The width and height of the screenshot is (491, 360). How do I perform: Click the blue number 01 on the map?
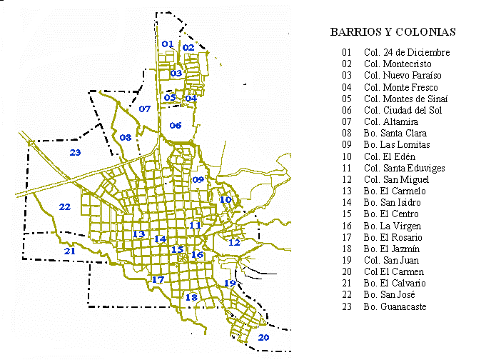168,44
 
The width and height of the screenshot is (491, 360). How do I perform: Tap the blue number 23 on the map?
75,152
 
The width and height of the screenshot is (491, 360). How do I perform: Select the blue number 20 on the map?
263,337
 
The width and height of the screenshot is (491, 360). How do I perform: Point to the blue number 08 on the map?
126,137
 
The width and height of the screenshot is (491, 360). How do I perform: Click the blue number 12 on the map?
234,242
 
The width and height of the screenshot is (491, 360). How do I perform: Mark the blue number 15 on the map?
177,249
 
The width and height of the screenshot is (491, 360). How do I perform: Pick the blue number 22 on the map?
65,207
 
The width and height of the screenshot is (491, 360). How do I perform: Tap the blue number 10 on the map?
226,199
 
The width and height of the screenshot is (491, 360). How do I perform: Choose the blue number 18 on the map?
191,297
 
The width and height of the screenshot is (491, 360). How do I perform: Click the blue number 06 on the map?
176,125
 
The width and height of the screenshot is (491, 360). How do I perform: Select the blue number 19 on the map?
230,284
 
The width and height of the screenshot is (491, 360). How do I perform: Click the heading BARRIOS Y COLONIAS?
393,32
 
